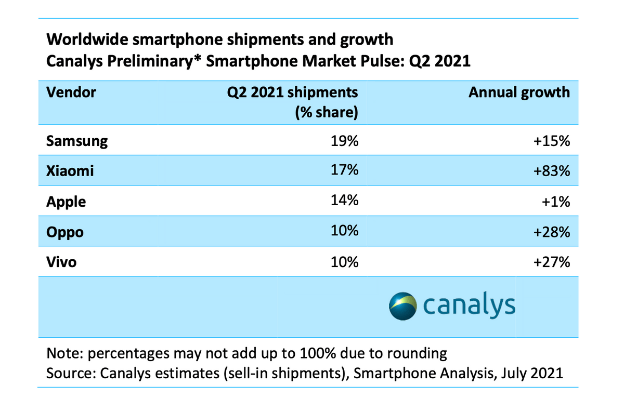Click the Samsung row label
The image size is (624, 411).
point(77,141)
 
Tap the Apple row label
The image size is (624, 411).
point(66,202)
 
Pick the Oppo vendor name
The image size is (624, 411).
point(64,232)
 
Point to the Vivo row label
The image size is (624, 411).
point(61,262)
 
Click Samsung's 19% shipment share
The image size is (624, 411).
point(345,141)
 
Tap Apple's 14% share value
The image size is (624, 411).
point(345,201)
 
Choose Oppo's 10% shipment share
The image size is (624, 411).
point(345,231)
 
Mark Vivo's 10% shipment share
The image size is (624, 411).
point(345,262)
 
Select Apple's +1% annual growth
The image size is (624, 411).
point(556,201)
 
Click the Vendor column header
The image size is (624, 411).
point(71,92)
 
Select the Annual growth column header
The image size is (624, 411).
point(519,92)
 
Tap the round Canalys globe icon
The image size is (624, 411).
point(403,306)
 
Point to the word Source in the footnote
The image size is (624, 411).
point(68,374)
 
